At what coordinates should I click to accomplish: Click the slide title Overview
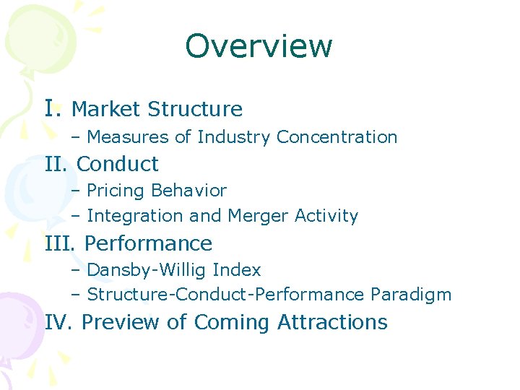coord(259,46)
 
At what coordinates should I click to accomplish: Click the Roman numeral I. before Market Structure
coord(54,108)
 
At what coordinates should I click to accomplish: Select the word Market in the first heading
coord(107,109)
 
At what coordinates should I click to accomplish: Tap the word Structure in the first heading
coord(195,109)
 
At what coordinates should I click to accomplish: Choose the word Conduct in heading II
coord(117,164)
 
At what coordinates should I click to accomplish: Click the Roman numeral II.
coord(57,164)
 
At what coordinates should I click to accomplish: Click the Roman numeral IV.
coord(59,322)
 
